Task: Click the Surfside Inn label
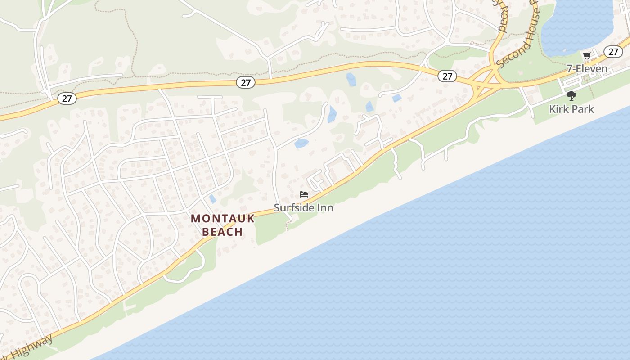click(x=304, y=208)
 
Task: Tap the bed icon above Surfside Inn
click(x=304, y=194)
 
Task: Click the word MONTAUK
click(x=223, y=219)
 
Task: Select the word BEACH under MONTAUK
click(x=223, y=232)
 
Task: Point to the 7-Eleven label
click(x=587, y=69)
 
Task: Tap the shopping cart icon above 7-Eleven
click(x=587, y=56)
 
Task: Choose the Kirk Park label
click(x=571, y=109)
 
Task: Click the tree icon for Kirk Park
click(x=571, y=95)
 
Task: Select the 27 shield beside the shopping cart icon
click(x=613, y=51)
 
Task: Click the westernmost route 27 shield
click(x=67, y=99)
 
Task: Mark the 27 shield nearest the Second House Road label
click(x=447, y=76)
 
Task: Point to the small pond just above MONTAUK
click(x=213, y=199)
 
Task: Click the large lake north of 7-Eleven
click(x=576, y=27)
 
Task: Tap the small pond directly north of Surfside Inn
click(x=301, y=144)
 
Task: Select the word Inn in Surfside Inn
click(x=325, y=208)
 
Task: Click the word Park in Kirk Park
click(x=583, y=109)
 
